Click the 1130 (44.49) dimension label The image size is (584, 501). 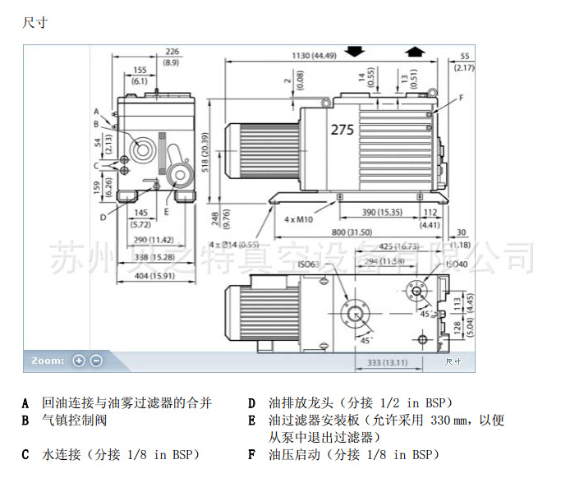313,56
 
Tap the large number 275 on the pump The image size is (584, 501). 343,130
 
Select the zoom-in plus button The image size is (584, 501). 79,361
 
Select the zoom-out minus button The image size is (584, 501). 96,361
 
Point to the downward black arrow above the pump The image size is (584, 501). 355,51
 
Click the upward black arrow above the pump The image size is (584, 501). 415,51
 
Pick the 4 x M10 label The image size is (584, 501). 299,220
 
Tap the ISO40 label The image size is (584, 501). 456,264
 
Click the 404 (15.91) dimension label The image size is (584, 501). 154,275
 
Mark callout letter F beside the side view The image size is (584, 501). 461,98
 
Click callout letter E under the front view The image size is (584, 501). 167,211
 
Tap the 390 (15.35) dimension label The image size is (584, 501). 382,212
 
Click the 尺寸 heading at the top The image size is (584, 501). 35,22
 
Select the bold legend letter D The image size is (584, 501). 251,403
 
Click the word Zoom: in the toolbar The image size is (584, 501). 48,361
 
